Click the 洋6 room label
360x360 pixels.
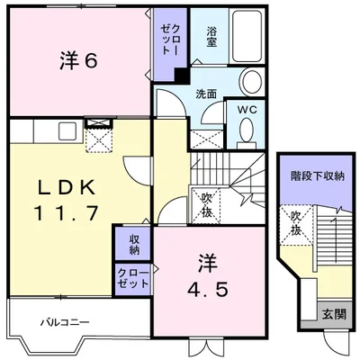79,61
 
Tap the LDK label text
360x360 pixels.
66,188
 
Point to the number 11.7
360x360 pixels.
67,213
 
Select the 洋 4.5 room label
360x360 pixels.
208,275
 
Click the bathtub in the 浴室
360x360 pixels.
247,36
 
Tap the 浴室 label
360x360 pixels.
211,37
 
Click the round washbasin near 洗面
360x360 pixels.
251,82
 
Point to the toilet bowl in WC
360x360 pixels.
247,130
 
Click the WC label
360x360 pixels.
247,110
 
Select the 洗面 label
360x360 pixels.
206,94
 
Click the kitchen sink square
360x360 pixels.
67,131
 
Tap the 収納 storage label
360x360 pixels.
133,244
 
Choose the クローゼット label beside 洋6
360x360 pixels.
170,39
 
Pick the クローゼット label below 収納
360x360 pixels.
133,278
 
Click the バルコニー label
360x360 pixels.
65,323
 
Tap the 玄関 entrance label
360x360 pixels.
334,314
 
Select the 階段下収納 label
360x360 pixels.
318,175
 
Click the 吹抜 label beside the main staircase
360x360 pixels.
207,205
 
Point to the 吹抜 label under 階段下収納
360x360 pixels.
296,224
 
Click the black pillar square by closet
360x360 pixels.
182,75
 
